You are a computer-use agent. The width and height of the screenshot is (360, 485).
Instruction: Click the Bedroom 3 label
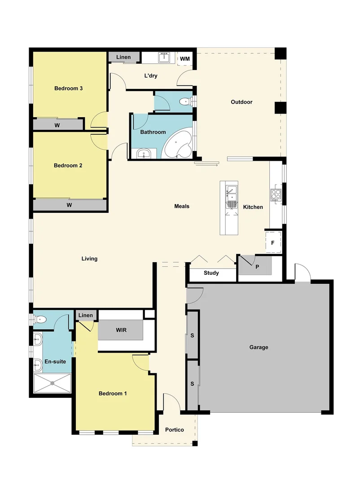(68, 88)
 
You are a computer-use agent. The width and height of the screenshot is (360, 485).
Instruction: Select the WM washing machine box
(185, 59)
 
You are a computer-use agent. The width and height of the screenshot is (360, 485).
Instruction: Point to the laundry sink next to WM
(164, 57)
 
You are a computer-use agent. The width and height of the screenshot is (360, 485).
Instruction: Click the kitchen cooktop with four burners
(276, 195)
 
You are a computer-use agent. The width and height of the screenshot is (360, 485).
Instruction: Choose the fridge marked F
(272, 243)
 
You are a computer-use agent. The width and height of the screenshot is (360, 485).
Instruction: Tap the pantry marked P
(257, 266)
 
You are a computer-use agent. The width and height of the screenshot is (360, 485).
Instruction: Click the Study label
(211, 273)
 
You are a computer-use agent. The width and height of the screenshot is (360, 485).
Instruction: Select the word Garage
(259, 347)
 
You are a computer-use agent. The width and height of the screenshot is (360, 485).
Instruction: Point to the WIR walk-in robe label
(121, 330)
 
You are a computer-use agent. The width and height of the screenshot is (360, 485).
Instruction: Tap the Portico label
(174, 430)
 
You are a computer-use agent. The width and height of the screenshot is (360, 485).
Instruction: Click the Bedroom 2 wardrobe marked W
(70, 205)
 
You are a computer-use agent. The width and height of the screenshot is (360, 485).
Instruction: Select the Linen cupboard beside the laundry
(123, 57)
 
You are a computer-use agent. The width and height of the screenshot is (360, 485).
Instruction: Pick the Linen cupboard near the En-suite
(86, 315)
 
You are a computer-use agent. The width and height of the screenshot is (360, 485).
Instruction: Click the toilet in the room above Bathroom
(184, 102)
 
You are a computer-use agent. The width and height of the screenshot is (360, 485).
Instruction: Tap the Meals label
(182, 206)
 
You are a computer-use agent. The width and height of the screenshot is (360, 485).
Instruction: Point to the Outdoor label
(241, 102)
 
